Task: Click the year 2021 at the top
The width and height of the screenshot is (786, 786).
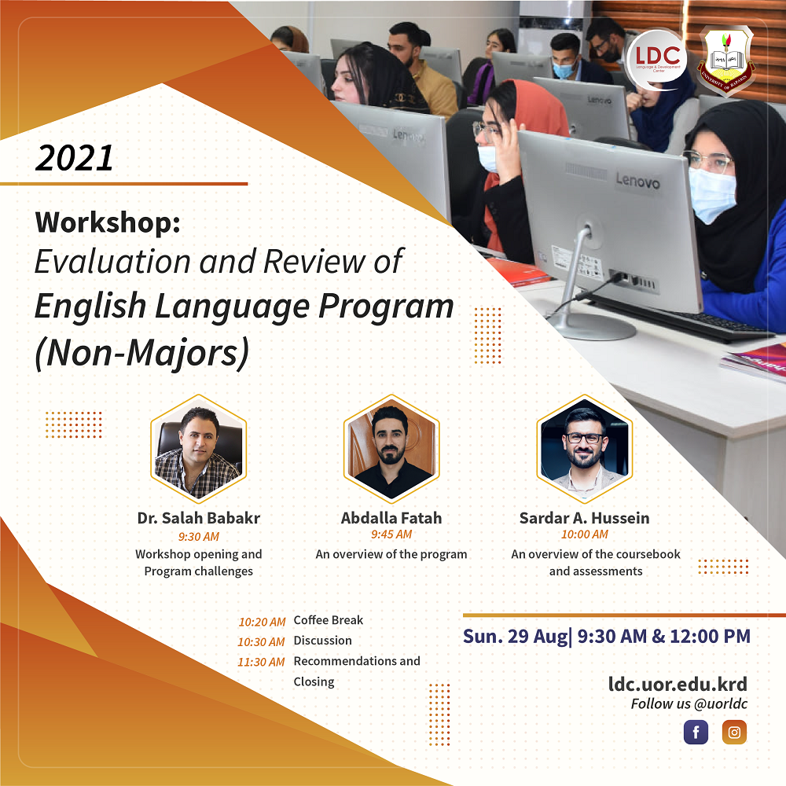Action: click(74, 159)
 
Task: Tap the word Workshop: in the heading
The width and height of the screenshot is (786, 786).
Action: click(108, 222)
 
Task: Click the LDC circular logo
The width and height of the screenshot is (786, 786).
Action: click(656, 61)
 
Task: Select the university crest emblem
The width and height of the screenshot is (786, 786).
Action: click(726, 61)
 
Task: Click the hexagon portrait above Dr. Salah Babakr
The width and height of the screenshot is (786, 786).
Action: click(199, 449)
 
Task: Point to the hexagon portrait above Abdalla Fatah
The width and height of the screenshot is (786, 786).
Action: click(391, 449)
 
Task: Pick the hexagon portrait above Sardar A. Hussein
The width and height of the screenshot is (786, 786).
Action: click(585, 449)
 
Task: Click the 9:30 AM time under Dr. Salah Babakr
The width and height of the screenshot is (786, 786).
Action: click(199, 536)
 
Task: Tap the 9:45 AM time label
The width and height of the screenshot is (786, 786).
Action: click(391, 534)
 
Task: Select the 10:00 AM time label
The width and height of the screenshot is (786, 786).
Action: click(585, 534)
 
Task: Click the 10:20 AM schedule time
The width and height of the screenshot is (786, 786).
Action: click(262, 622)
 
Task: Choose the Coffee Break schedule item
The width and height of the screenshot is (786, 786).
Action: click(329, 620)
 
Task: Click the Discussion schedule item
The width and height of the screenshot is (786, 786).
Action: click(323, 641)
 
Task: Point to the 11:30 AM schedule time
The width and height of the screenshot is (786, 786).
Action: click(261, 662)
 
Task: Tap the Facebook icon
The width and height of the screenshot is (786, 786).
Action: click(696, 733)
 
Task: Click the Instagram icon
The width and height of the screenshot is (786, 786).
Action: click(734, 733)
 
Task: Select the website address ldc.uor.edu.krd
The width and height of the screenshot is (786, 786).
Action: click(678, 685)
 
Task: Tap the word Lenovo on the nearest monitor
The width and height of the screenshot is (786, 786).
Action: click(637, 181)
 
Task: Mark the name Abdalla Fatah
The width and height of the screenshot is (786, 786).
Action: click(391, 518)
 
